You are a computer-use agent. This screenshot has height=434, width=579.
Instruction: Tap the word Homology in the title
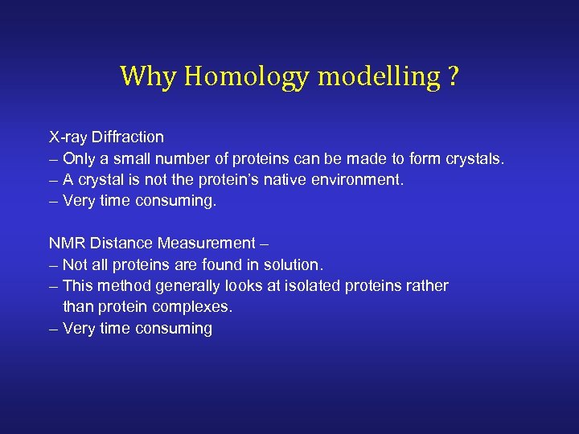click(x=246, y=77)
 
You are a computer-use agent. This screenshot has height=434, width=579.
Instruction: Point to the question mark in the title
click(x=454, y=76)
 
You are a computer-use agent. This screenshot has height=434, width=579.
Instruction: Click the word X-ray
click(x=68, y=137)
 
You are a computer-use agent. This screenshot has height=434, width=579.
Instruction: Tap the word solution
click(x=294, y=264)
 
